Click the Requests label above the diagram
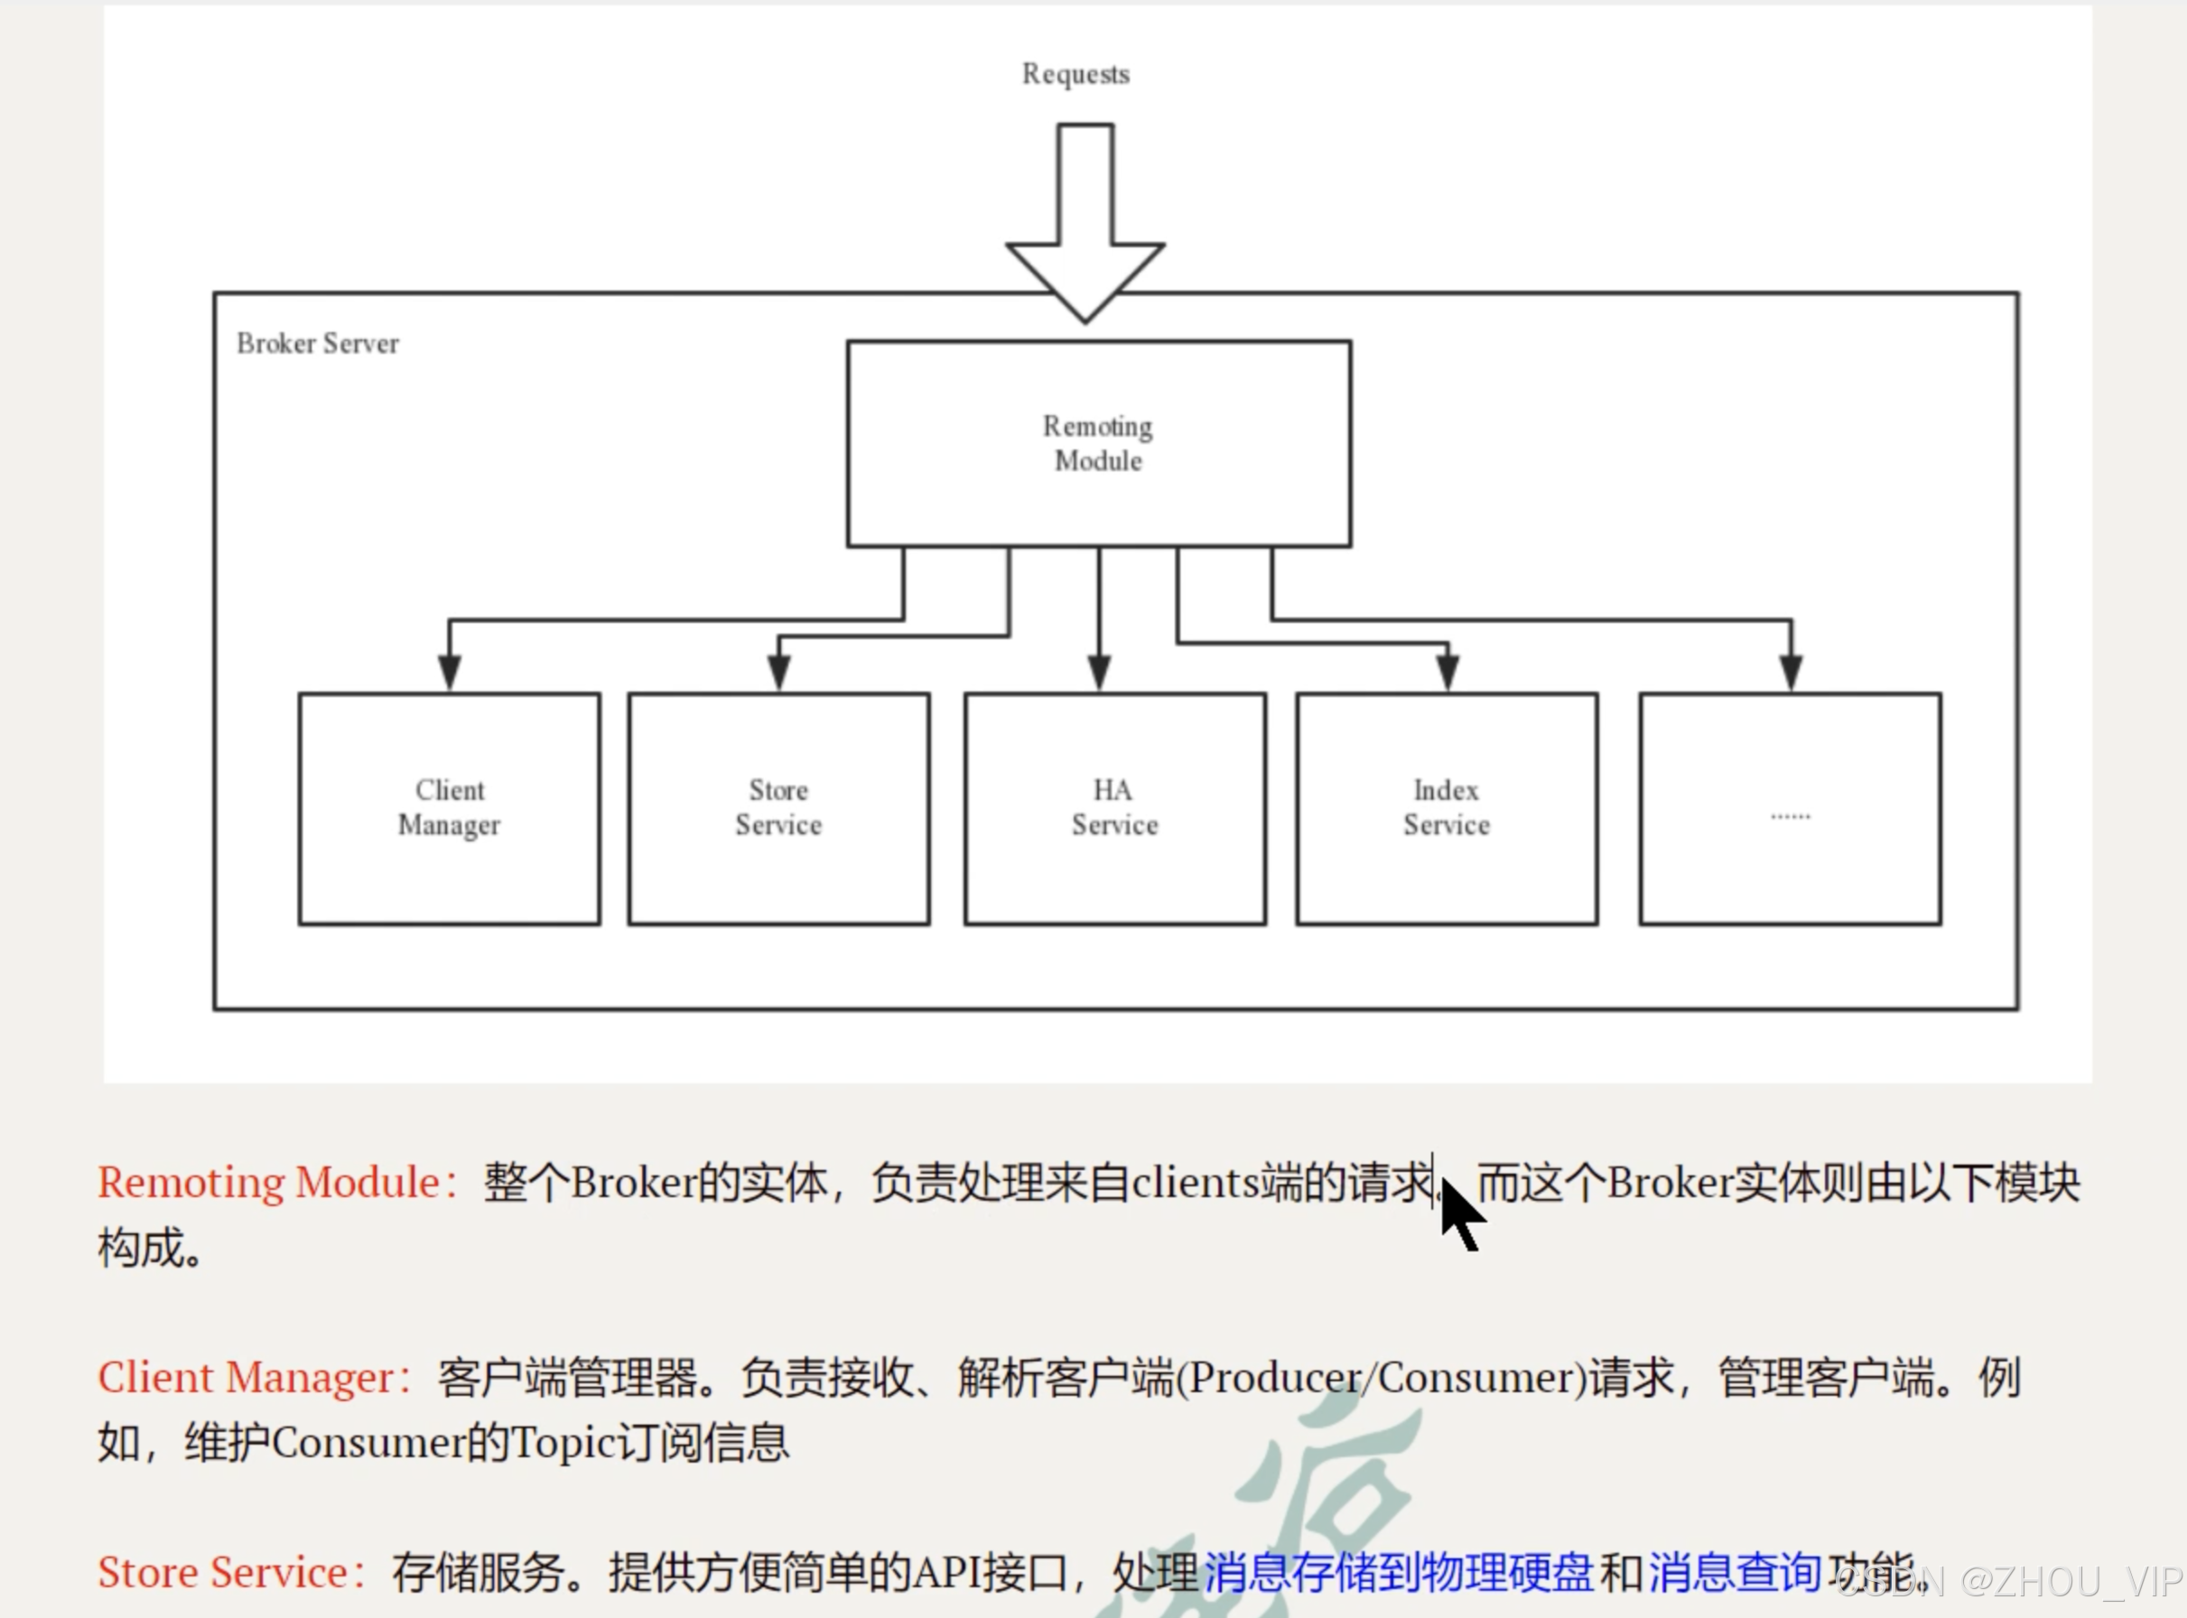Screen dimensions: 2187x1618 point(1075,74)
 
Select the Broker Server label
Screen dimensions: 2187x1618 point(317,344)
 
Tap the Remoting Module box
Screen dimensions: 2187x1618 point(1099,443)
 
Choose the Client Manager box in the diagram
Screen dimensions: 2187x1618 point(450,809)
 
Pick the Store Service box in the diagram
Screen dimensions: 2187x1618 point(778,809)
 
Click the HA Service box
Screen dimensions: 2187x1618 point(1114,809)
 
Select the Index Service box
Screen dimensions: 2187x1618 point(1447,809)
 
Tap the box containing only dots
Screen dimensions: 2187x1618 point(1791,809)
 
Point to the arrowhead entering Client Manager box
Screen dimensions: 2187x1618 point(450,673)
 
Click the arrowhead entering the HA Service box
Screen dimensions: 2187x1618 point(1099,673)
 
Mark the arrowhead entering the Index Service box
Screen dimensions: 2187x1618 point(1447,673)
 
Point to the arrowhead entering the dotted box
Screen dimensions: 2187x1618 point(1791,673)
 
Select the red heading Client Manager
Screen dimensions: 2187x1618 point(253,1378)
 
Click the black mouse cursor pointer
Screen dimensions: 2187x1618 point(1459,1213)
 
